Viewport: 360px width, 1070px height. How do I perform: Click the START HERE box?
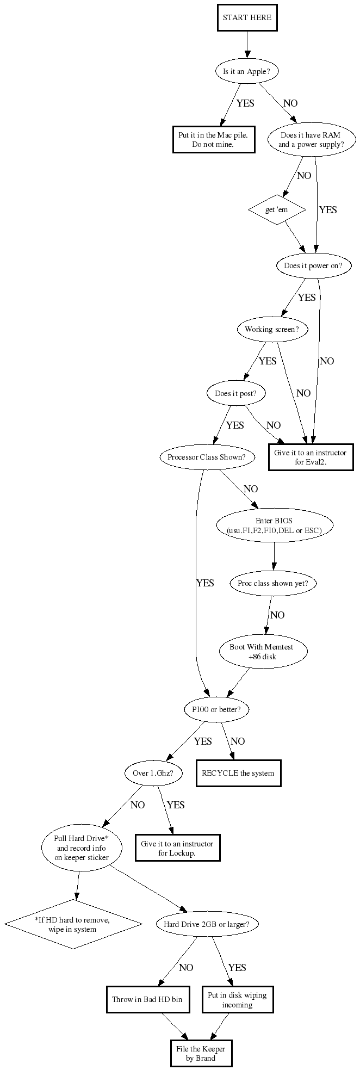pyautogui.click(x=247, y=17)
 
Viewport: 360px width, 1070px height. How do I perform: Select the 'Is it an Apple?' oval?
pyautogui.click(x=247, y=71)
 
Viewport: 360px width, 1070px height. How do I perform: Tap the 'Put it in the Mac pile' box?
pyautogui.click(x=213, y=139)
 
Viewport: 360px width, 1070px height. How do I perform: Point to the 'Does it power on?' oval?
pyautogui.click(x=313, y=266)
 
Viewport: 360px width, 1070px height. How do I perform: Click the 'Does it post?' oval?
pyautogui.click(x=240, y=393)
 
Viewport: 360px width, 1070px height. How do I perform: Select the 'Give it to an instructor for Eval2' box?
pyautogui.click(x=311, y=457)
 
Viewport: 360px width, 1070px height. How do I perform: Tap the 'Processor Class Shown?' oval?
pyautogui.click(x=207, y=457)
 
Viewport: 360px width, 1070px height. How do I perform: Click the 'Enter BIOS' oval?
pyautogui.click(x=274, y=525)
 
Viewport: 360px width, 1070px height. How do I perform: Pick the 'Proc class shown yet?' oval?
pyautogui.click(x=273, y=583)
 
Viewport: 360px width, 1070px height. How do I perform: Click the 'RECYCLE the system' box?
pyautogui.click(x=238, y=772)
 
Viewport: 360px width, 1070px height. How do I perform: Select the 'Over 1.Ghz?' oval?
pyautogui.click(x=153, y=772)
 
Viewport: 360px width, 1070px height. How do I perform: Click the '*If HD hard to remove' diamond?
pyautogui.click(x=73, y=924)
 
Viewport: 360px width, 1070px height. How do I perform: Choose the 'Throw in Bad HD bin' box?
pyautogui.click(x=147, y=999)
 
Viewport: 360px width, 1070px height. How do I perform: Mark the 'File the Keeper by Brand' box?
pyautogui.click(x=200, y=1053)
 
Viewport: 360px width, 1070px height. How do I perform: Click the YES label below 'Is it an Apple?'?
pyautogui.click(x=245, y=103)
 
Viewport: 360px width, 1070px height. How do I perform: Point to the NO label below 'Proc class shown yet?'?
pyautogui.click(x=277, y=615)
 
